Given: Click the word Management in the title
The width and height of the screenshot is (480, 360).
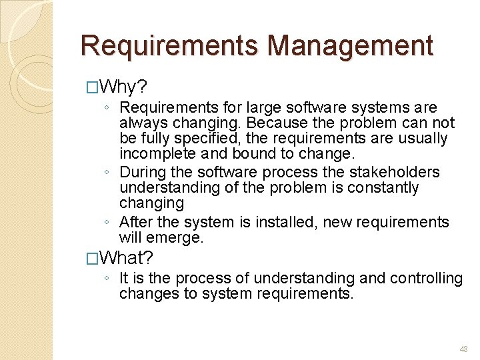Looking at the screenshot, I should tap(349, 46).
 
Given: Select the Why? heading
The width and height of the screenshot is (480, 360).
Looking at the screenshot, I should tap(124, 87).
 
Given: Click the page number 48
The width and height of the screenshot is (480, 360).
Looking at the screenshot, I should tap(463, 349).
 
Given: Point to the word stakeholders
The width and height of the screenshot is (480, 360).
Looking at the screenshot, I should tap(399, 172).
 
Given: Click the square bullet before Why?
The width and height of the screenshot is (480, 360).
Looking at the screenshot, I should tap(92, 87).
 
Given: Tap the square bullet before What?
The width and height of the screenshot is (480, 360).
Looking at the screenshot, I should tap(92, 258).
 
